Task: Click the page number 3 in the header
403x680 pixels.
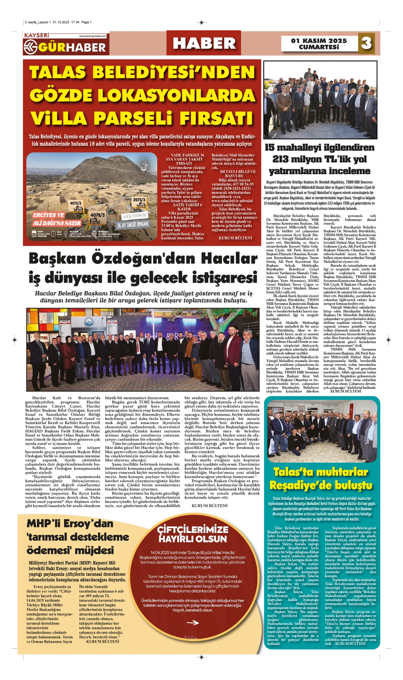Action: (x=366, y=43)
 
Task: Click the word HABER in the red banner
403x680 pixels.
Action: (x=204, y=43)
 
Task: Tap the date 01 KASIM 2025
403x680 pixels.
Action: (x=319, y=41)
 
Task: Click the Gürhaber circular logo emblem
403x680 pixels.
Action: (x=30, y=47)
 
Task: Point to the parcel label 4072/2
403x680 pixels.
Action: (x=76, y=203)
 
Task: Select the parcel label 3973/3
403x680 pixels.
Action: (x=139, y=200)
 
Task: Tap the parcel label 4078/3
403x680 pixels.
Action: (x=97, y=215)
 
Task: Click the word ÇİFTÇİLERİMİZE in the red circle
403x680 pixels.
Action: (x=193, y=529)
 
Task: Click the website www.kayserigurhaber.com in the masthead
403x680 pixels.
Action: (x=92, y=36)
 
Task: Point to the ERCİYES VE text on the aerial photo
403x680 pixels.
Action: (x=48, y=215)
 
